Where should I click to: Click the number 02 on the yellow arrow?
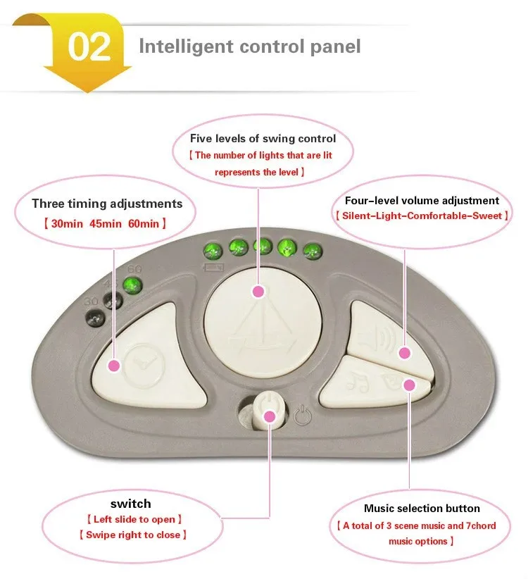pos(89,46)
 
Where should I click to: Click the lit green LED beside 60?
pos(130,286)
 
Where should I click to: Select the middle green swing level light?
pos(262,247)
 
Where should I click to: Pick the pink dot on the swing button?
pos(258,291)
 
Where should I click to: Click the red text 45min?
pos(106,223)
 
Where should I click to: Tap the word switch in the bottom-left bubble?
pos(130,504)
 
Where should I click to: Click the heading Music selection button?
pos(412,508)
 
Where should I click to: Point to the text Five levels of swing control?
pos(263,138)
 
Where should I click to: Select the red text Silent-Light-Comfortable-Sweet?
pos(422,215)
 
